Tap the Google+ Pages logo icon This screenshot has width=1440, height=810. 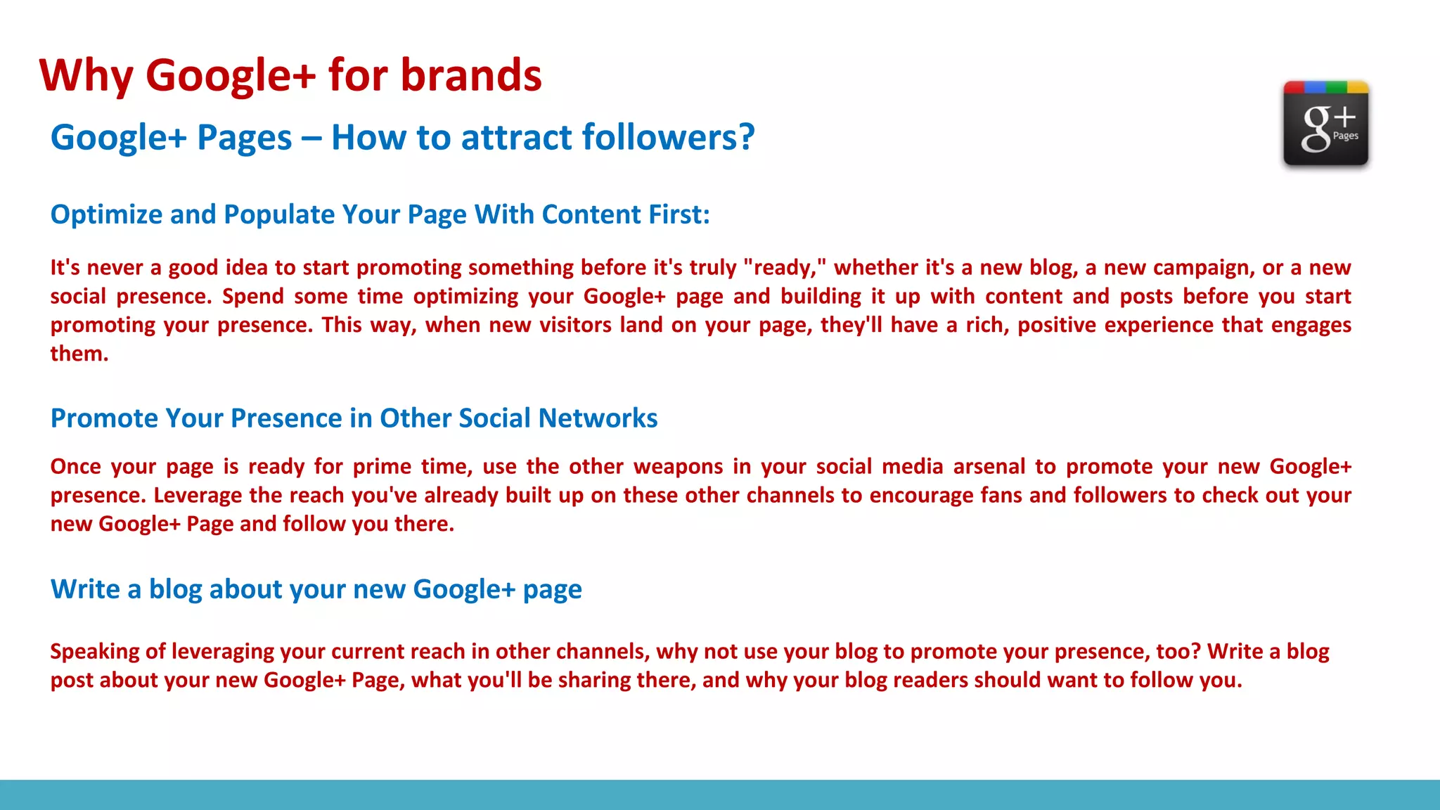click(1325, 124)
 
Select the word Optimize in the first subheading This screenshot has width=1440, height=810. click(106, 215)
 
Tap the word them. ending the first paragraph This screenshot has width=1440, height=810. click(79, 354)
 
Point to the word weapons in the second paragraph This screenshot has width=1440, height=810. click(678, 467)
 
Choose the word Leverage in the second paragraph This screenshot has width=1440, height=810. click(198, 496)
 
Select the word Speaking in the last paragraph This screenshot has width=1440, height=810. click(95, 652)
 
